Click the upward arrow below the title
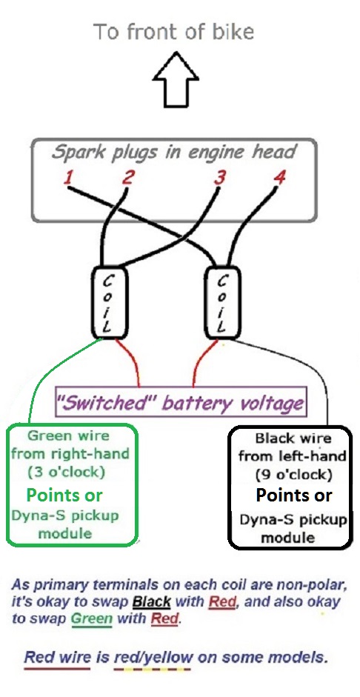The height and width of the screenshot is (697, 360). coord(176,80)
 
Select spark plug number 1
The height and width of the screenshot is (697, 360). coord(68,179)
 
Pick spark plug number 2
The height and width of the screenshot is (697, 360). coord(128,177)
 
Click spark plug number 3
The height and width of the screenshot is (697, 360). coord(219,177)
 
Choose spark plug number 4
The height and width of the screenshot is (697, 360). coord(279,177)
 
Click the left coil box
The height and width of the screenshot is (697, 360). coord(110,303)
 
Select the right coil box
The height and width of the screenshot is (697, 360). coord(221,304)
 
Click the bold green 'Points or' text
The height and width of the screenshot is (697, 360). coord(64,495)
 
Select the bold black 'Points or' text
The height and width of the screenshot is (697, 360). coord(294,495)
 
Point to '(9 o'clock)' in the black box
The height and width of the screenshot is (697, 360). coord(294,475)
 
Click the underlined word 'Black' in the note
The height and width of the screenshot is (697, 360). coord(152,602)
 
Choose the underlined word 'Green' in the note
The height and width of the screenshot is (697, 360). coord(92,618)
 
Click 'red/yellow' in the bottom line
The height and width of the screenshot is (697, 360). coord(153,657)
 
